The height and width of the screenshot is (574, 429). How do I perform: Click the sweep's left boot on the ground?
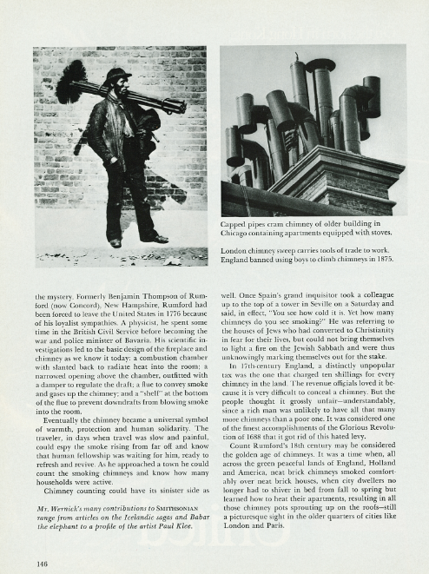click(115, 242)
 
